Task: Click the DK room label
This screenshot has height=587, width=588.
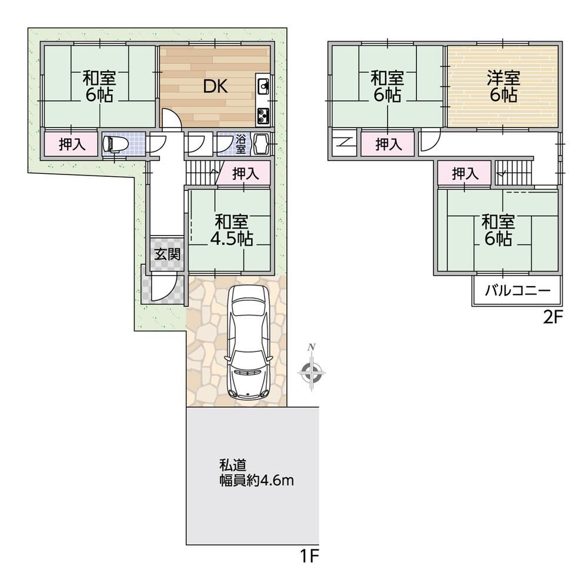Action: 215,87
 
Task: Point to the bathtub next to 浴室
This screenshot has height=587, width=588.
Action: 262,144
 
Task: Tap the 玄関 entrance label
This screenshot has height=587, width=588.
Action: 168,254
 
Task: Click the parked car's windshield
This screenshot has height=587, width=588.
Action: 248,363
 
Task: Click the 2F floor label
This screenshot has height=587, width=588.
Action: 553,318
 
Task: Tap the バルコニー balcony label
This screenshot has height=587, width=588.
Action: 517,290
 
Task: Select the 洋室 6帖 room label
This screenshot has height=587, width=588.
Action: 503,87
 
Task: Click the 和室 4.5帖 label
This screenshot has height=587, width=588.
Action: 231,230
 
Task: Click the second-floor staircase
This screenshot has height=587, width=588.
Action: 514,172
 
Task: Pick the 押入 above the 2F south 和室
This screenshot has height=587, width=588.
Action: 465,173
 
